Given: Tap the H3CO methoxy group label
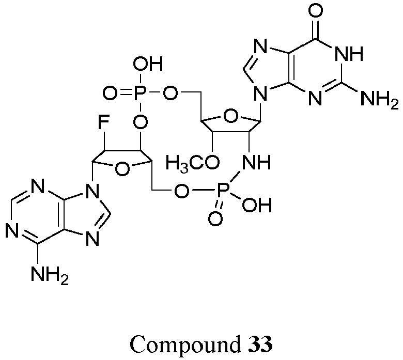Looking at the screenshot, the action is [193, 163].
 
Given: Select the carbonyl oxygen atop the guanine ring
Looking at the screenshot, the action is [315, 11].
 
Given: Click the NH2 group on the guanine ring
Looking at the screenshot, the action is [379, 99].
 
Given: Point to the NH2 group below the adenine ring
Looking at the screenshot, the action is [50, 275].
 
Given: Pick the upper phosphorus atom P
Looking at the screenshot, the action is [141, 93].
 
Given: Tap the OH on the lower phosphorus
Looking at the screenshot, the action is [257, 205].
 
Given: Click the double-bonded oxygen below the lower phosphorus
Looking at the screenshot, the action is [215, 219].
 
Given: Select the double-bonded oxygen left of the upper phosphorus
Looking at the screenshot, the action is [110, 93].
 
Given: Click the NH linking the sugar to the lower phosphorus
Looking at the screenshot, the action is [256, 162].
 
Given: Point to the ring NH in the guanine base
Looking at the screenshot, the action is [349, 54].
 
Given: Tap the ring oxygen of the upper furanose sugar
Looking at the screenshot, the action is [230, 117].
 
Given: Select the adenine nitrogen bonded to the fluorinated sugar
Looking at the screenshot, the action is [92, 191].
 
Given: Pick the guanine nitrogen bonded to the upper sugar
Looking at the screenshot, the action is [260, 93].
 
